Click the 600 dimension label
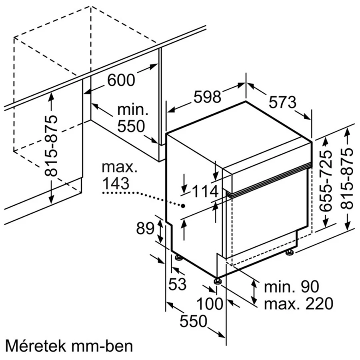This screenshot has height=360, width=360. [x=121, y=80]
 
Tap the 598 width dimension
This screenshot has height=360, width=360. [x=207, y=96]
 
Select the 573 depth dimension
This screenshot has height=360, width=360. [x=283, y=102]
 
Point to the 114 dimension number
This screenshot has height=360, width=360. [x=205, y=192]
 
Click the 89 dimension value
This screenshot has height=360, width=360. [x=145, y=228]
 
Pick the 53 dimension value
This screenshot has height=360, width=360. [x=177, y=284]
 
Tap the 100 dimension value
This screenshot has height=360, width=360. [x=210, y=304]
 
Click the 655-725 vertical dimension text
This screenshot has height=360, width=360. [x=326, y=181]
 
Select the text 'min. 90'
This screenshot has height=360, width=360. [x=292, y=286]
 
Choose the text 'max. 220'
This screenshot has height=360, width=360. [x=298, y=304]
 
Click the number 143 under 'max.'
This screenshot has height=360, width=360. [x=116, y=184]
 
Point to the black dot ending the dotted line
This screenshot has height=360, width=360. [x=183, y=206]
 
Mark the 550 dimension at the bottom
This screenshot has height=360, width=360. [x=193, y=321]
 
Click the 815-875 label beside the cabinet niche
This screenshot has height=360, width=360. [x=51, y=146]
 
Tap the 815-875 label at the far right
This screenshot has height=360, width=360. [x=346, y=179]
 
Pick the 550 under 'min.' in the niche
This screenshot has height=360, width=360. [x=131, y=126]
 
